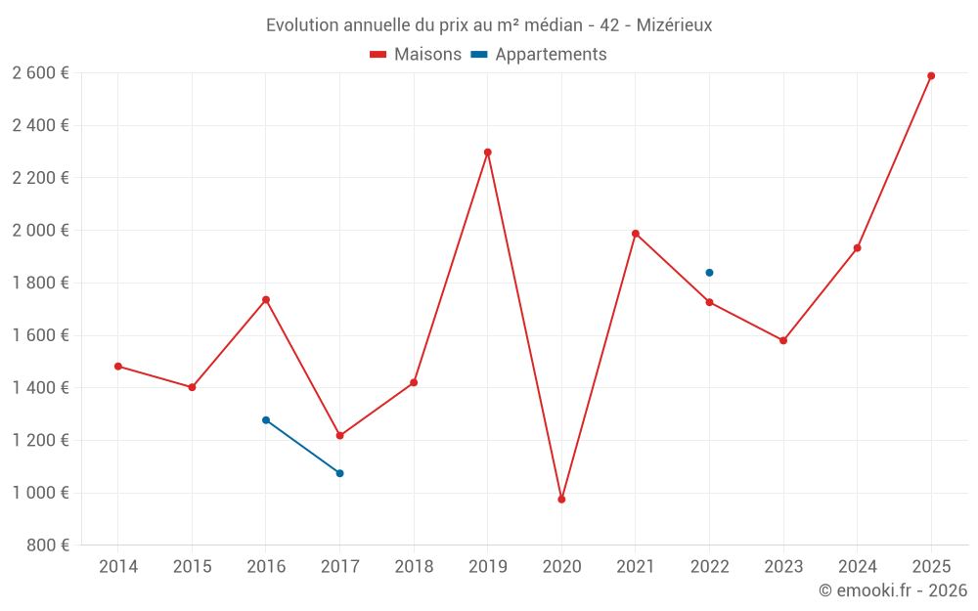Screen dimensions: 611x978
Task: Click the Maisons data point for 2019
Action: (487, 153)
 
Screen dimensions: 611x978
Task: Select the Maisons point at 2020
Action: (561, 500)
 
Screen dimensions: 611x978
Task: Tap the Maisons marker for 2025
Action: (931, 76)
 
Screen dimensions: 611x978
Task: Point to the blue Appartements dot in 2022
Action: (709, 273)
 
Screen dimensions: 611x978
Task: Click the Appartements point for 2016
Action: (266, 420)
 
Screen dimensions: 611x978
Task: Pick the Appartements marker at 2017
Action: (339, 473)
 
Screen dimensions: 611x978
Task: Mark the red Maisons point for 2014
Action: (118, 367)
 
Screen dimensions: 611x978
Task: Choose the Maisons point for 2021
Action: (636, 234)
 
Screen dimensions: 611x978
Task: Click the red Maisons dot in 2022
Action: (709, 302)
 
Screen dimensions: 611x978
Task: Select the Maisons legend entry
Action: (416, 55)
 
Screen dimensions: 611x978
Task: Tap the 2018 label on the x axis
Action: (414, 566)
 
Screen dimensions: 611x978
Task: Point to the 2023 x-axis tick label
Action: (783, 566)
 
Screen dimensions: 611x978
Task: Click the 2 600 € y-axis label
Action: (41, 73)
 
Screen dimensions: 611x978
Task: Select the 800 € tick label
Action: (47, 546)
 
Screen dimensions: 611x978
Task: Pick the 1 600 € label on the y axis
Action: (41, 335)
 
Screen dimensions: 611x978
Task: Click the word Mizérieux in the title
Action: (674, 24)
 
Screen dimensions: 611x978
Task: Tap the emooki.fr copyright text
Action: (893, 590)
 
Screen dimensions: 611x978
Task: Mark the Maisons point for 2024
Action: (858, 248)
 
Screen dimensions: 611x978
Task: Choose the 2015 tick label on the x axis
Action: (192, 566)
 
